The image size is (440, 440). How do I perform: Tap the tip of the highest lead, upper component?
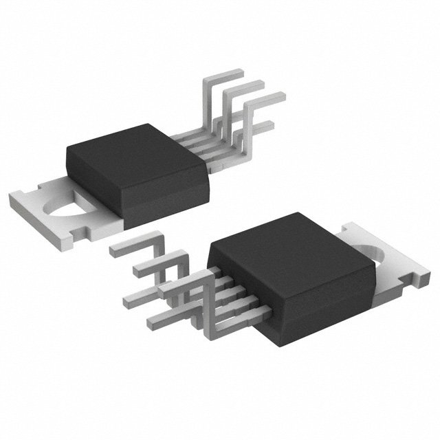237,71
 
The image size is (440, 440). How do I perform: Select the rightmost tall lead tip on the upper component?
278,96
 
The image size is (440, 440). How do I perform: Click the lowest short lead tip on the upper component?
268,124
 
